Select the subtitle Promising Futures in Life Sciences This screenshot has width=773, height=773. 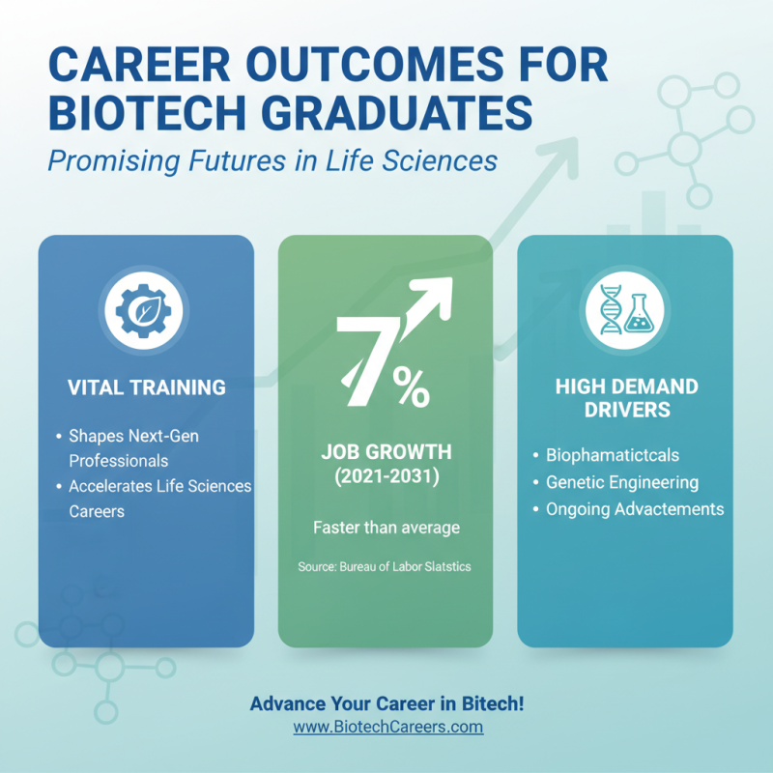pos(272,158)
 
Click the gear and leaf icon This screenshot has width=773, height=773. pos(145,310)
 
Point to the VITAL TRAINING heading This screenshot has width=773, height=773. pos(147,387)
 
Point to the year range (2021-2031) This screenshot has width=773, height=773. pos(386,477)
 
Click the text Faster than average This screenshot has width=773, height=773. pos(386,528)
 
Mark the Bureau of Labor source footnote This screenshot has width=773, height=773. pos(385,567)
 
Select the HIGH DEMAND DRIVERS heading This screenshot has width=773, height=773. pos(626,398)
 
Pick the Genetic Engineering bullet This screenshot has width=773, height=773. pos(621,482)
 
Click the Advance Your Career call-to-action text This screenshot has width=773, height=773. pos(387,703)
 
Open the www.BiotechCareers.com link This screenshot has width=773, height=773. pos(387,727)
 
